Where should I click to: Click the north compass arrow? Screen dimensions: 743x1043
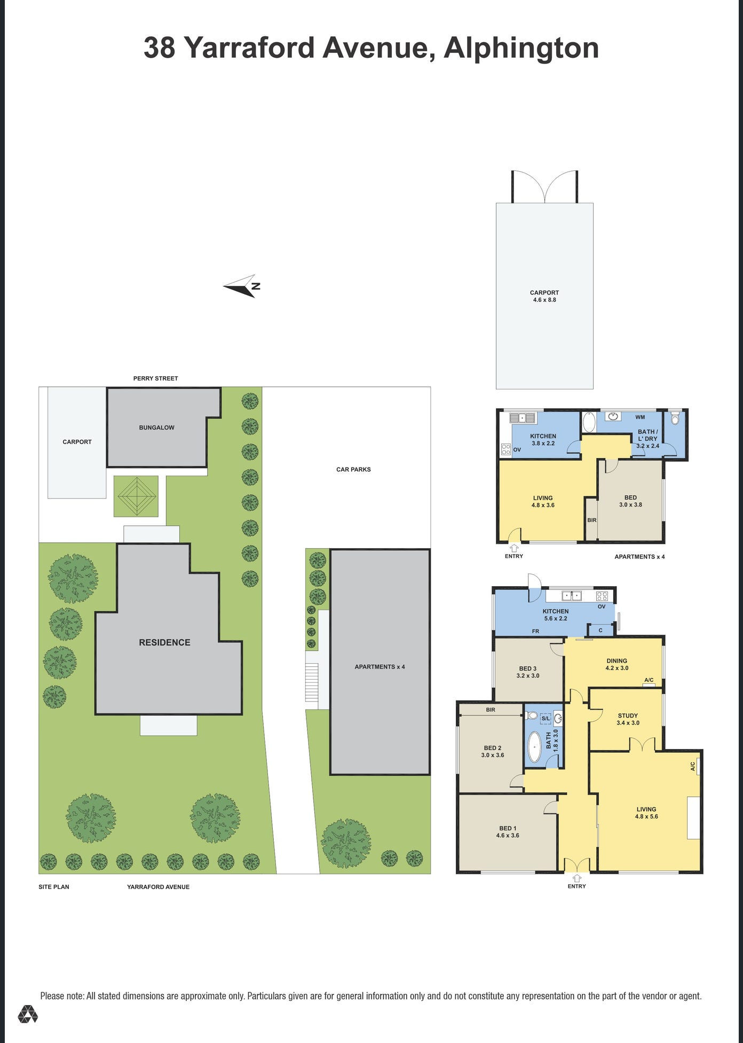click(241, 286)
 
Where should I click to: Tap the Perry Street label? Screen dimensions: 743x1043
click(155, 378)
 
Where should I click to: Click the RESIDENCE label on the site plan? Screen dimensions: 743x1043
click(164, 642)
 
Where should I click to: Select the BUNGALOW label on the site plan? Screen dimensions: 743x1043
click(156, 427)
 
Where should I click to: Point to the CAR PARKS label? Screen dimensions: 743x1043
click(353, 470)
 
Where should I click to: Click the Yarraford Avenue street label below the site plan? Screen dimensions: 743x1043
click(158, 887)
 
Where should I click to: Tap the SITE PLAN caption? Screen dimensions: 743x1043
click(54, 887)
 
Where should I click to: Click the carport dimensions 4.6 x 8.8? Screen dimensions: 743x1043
click(544, 300)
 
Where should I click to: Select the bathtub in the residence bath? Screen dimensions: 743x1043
click(534, 747)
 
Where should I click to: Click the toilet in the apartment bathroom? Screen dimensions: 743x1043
click(675, 418)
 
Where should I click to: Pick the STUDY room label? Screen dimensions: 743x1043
click(628, 715)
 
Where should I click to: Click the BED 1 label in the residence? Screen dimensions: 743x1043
click(508, 828)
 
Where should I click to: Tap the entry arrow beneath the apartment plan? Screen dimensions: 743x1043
click(514, 548)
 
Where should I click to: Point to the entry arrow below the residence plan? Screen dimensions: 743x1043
click(577, 878)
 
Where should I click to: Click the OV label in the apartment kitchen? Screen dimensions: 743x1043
click(517, 450)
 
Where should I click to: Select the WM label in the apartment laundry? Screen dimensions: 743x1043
click(640, 417)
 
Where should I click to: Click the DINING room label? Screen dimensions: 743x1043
click(616, 661)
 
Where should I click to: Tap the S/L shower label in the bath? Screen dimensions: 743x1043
click(546, 719)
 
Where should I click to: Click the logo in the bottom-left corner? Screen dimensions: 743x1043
click(28, 1014)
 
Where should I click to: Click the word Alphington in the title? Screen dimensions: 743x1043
click(521, 48)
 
